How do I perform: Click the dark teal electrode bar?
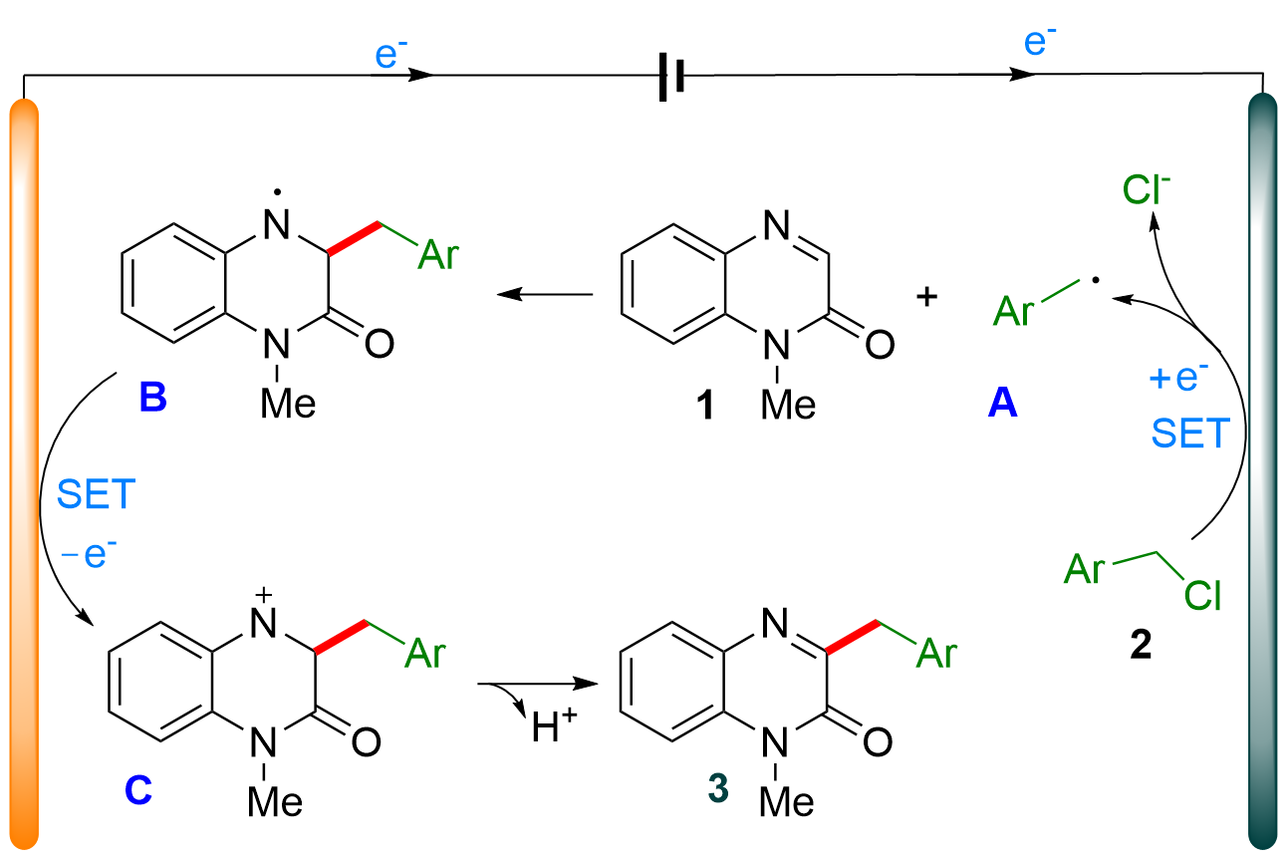(1263, 468)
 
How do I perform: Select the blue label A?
(1003, 402)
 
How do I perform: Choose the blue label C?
(138, 790)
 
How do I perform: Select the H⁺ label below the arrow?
(546, 730)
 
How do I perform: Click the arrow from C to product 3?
(538, 685)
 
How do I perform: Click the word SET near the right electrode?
(1190, 434)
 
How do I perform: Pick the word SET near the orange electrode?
(96, 495)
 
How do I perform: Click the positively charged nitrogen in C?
(262, 621)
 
